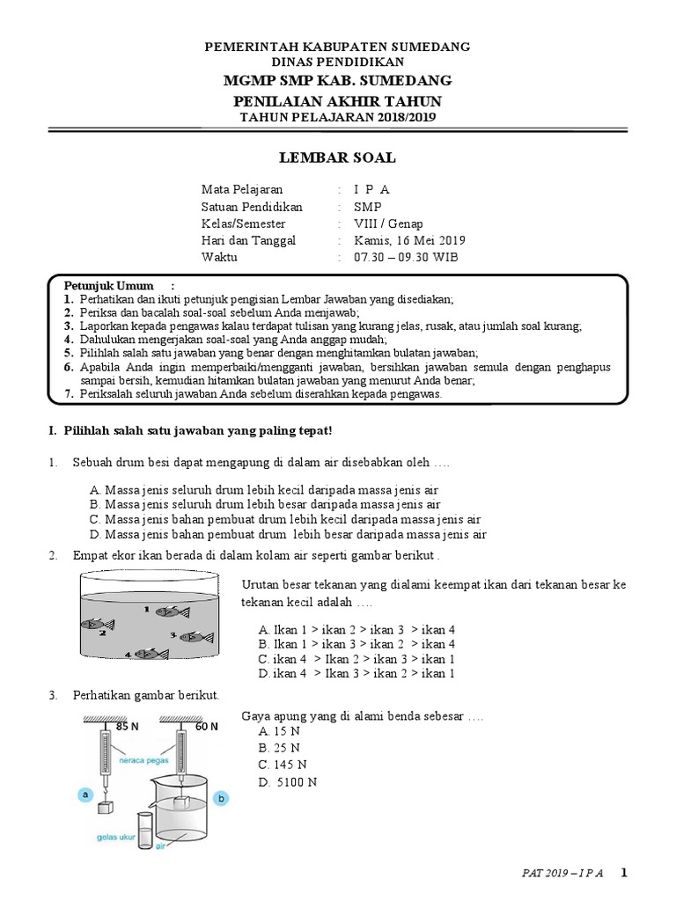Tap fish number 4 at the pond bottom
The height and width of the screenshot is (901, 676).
151,654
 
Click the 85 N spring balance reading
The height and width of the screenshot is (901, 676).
128,727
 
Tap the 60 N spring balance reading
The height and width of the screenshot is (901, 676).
208,727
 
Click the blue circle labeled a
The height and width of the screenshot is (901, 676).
86,794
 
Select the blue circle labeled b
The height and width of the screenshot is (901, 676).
221,798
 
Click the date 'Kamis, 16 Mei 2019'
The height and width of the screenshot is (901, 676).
409,240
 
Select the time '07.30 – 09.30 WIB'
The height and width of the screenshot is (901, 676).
406,257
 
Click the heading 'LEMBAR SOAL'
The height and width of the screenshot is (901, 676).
337,158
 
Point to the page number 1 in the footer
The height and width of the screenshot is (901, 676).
624,873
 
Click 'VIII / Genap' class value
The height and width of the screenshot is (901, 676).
388,223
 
